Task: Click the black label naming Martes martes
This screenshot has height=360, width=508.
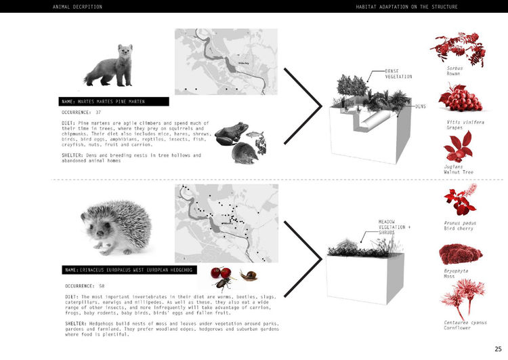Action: pos(113,102)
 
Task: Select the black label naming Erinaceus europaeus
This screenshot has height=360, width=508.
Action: pos(129,270)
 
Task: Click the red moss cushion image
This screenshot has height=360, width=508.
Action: pos(461,254)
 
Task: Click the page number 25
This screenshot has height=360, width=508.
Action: pos(498,348)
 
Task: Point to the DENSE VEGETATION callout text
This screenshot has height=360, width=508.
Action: pos(398,73)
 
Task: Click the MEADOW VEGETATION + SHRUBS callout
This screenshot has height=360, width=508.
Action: pos(395,226)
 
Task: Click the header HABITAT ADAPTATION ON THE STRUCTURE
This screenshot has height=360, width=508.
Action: pos(406,7)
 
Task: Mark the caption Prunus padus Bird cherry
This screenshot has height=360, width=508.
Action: pos(461,225)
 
